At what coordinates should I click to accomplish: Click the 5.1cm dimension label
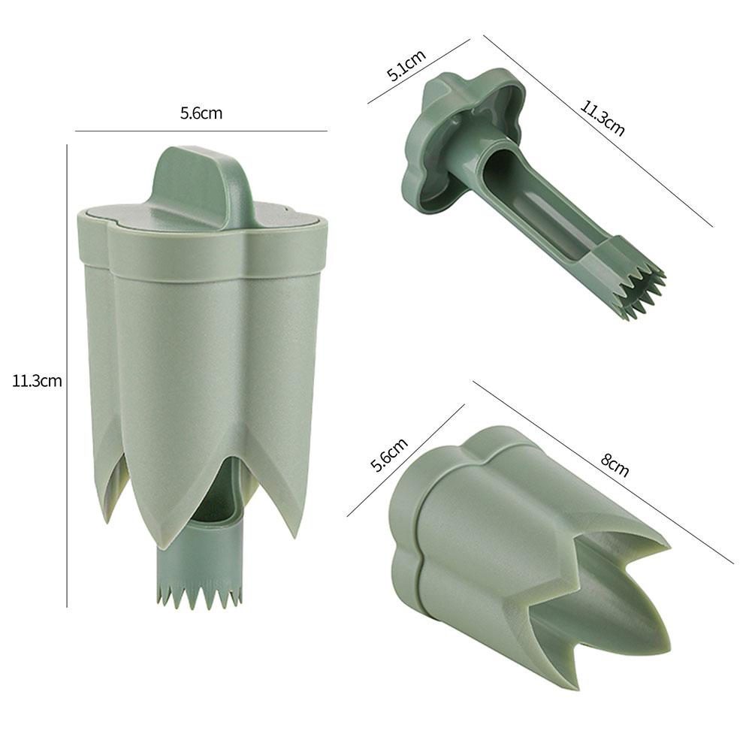point(406,65)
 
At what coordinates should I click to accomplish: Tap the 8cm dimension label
point(614,464)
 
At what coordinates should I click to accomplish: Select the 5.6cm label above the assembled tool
point(201,113)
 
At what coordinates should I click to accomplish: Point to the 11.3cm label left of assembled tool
point(37,380)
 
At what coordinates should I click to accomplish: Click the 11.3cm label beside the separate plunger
point(602,116)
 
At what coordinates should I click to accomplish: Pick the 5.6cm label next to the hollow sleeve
point(389,454)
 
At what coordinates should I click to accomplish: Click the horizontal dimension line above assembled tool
point(201,131)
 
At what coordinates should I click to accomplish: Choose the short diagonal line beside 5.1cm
point(418,71)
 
